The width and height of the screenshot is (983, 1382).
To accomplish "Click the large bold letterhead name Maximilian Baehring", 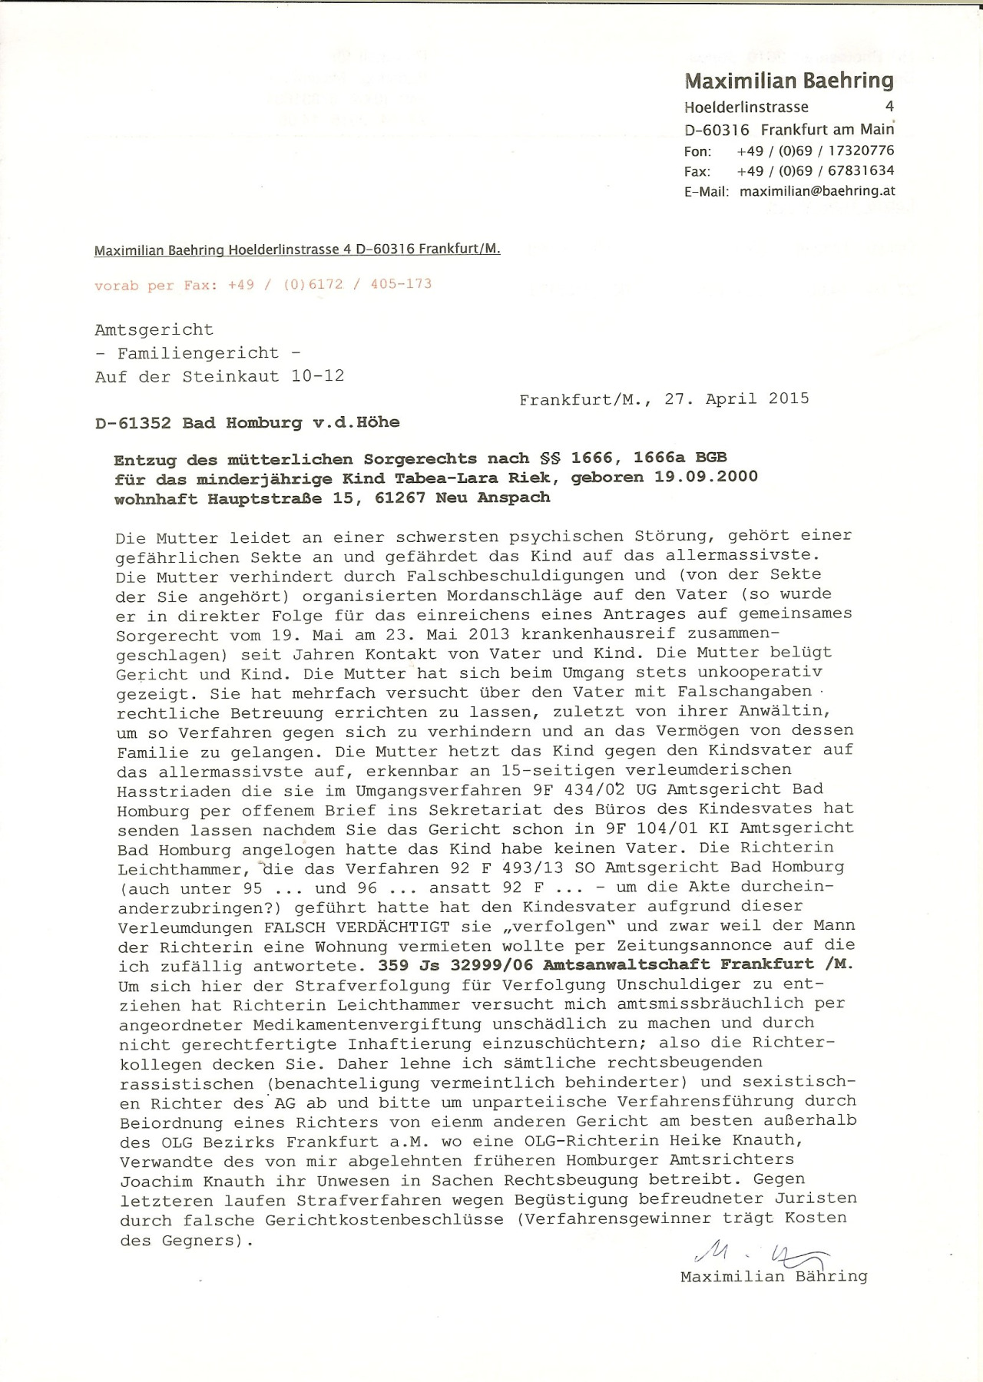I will pos(789,81).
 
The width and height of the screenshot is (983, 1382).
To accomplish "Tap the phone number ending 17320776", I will pos(815,150).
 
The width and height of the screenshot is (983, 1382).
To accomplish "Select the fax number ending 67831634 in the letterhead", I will pos(815,170).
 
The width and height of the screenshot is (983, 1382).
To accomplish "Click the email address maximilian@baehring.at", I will pos(817,191).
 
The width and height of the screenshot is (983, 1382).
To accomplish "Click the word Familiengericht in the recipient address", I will pos(197,353).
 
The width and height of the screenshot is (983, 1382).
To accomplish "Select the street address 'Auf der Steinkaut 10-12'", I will pos(220,376).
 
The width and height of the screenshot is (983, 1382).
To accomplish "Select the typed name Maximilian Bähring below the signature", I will pos(773,1277).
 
